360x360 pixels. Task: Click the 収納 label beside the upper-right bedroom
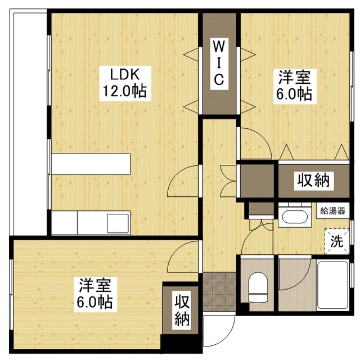[313, 181]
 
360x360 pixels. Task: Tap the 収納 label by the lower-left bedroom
[181, 310]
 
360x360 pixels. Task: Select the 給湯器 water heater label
[332, 211]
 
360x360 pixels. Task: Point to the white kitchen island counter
[91, 164]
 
